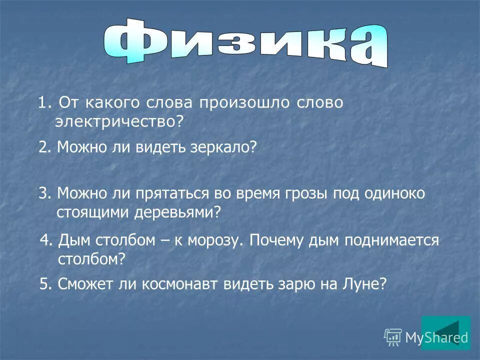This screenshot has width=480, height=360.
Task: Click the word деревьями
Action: [177, 212]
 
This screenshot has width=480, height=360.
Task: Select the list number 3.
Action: [43, 194]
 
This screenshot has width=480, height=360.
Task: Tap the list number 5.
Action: [44, 284]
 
